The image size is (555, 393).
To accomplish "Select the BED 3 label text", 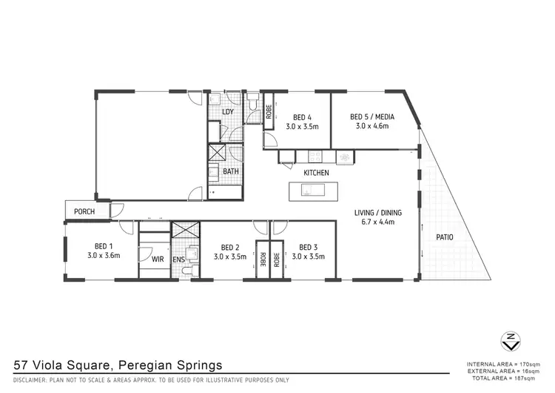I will click(308, 247).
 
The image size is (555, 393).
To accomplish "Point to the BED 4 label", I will click(302, 117).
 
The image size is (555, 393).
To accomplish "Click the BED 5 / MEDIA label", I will click(372, 117).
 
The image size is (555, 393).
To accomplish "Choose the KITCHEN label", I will click(316, 173).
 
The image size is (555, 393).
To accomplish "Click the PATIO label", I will click(445, 237).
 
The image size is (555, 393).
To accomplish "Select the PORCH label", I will click(84, 212).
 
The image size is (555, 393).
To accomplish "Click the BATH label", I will click(231, 171).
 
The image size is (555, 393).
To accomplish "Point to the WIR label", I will click(157, 260).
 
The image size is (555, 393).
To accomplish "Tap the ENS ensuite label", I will click(178, 260).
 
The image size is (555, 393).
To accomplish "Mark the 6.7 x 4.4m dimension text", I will click(377, 221).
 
